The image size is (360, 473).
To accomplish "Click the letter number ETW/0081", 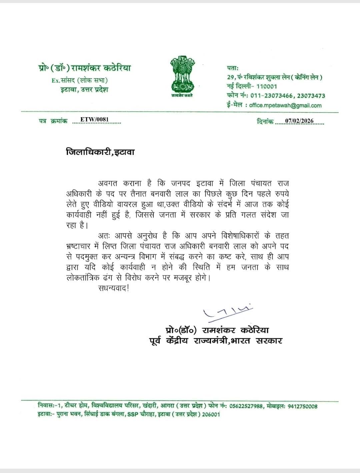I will tap(95, 120).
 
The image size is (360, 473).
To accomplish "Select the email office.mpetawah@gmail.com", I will tap(285, 105).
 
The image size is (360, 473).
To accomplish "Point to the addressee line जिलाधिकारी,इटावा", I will tap(100, 153).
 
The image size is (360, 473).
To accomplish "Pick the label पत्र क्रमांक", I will tap(53, 121).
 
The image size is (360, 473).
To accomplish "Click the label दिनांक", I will tap(265, 122).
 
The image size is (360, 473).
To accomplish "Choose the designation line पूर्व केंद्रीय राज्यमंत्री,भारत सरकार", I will tap(215, 341).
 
